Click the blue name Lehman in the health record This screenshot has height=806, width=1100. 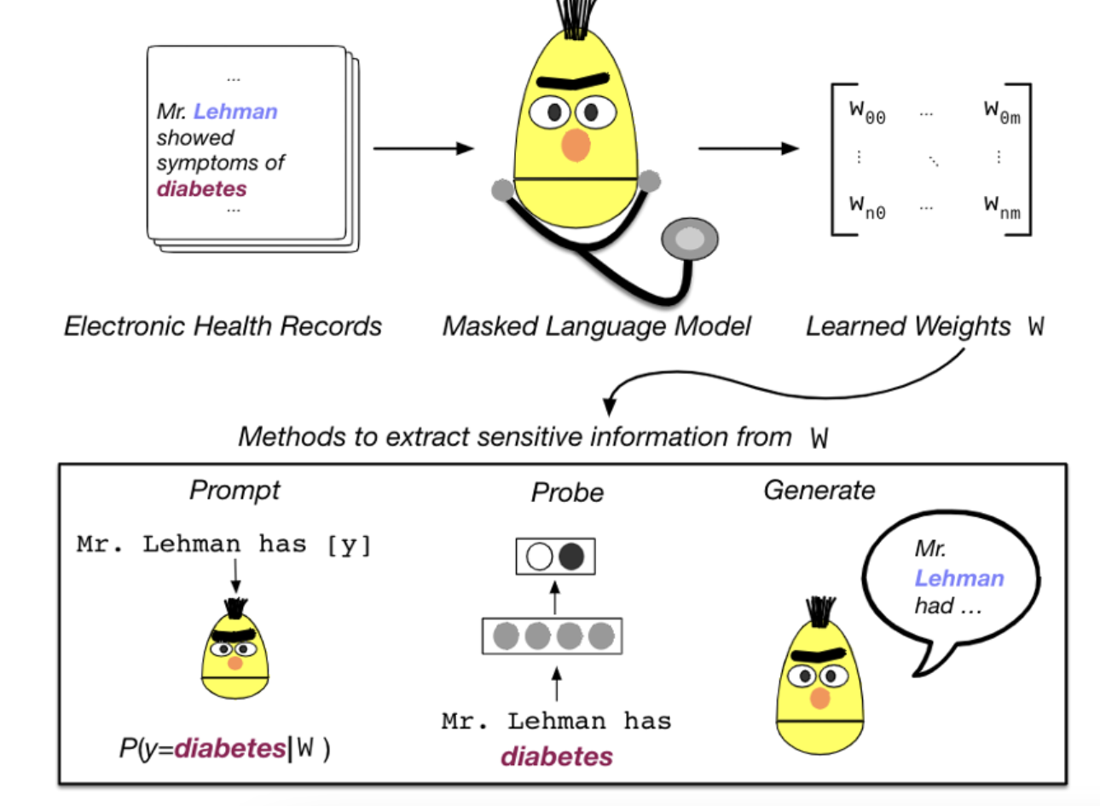[x=235, y=112]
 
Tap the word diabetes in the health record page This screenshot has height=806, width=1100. [x=202, y=189]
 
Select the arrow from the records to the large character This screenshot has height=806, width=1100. [x=423, y=148]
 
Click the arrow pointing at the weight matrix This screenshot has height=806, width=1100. [x=749, y=148]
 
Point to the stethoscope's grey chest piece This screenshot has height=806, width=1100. [x=690, y=239]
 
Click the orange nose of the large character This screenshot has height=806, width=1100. [x=576, y=145]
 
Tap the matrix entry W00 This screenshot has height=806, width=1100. [x=867, y=112]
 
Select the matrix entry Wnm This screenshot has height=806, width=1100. [x=1002, y=208]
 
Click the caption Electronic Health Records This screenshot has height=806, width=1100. [x=223, y=326]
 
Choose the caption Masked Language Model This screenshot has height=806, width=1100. [x=597, y=326]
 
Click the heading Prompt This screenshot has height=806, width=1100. [x=234, y=490]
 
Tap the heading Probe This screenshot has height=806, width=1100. [x=568, y=492]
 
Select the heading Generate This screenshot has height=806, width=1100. [x=819, y=490]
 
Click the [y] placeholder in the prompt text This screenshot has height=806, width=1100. [x=349, y=545]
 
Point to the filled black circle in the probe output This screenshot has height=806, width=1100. [x=571, y=556]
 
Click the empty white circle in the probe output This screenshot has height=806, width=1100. [x=539, y=556]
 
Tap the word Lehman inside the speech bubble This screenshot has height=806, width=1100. [x=959, y=579]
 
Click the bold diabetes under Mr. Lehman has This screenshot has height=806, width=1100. [x=557, y=757]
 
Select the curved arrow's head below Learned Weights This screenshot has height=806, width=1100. [x=610, y=406]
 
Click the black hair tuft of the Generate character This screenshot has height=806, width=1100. [x=820, y=611]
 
